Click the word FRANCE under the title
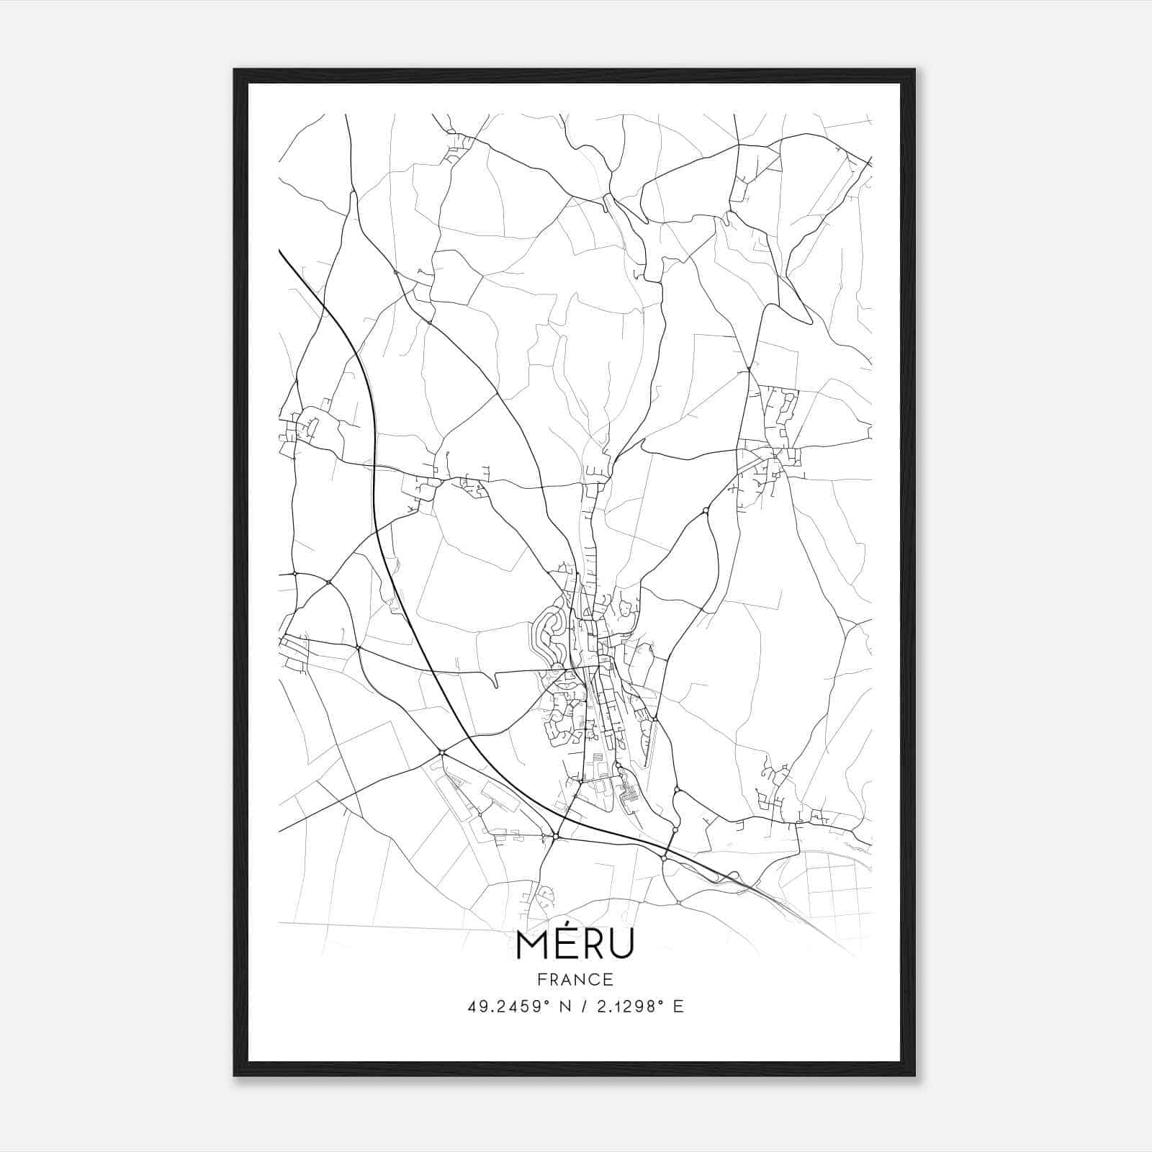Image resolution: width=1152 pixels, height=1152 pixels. click(x=575, y=980)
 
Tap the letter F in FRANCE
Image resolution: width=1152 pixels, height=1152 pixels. click(x=541, y=980)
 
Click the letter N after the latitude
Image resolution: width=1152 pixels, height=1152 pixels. click(x=554, y=1007)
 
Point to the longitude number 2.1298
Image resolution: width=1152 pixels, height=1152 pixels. click(x=625, y=1007)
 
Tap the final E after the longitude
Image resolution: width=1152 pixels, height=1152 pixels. click(x=678, y=1007)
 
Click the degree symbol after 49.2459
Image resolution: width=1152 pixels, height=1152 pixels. click(x=535, y=1002)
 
